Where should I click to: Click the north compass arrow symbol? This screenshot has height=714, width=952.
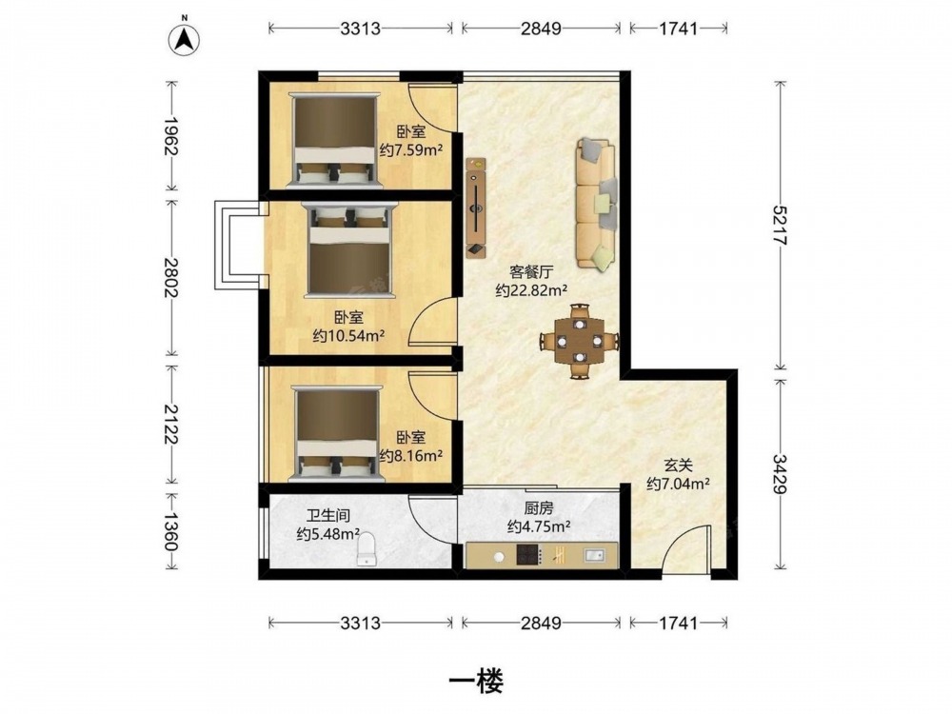[185, 40]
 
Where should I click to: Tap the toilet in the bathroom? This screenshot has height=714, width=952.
[367, 551]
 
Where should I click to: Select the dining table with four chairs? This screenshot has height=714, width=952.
[580, 341]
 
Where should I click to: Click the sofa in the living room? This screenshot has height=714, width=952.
[597, 204]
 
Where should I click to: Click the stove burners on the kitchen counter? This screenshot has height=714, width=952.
[527, 555]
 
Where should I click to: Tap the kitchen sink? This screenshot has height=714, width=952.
[595, 555]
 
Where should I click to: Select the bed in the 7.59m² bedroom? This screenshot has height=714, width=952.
[335, 140]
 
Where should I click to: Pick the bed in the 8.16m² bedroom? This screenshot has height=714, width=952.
[336, 433]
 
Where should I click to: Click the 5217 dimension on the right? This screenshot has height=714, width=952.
[781, 225]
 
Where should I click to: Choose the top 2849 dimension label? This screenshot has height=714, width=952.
[541, 28]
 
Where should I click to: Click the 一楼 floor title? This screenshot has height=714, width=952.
[476, 682]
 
